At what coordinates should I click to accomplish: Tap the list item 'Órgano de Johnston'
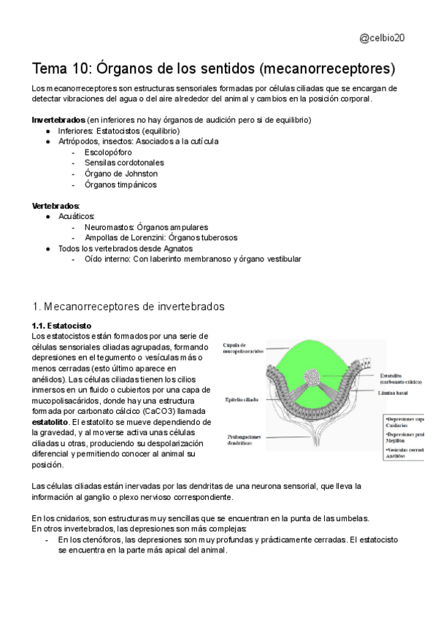pyautogui.click(x=121, y=174)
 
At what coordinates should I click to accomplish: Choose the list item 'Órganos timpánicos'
pyautogui.click(x=120, y=185)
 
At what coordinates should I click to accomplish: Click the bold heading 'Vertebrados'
pyautogui.click(x=55, y=206)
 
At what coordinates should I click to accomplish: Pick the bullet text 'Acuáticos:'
pyautogui.click(x=77, y=217)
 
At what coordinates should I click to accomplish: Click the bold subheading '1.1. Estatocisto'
pyautogui.click(x=61, y=325)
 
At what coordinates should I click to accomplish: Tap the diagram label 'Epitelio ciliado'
pyautogui.click(x=242, y=401)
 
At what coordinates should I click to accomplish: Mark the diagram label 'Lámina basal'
pyautogui.click(x=396, y=393)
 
